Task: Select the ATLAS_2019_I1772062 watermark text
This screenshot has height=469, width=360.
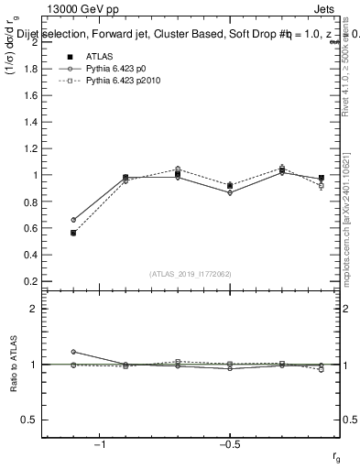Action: [x=191, y=273]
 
